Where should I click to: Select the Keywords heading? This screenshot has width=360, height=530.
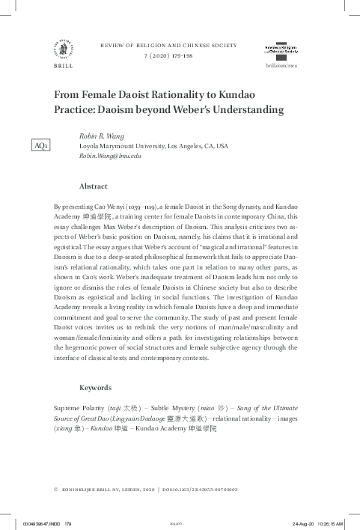(x=95, y=388)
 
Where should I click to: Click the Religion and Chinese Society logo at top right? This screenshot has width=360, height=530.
(x=281, y=49)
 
